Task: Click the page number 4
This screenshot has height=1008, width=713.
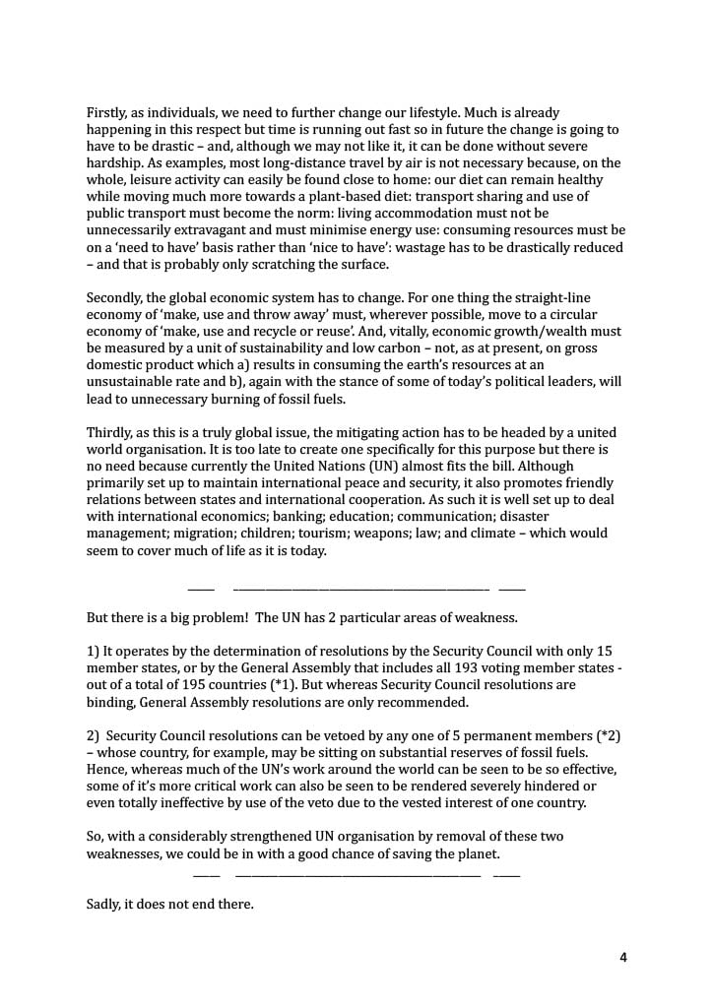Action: [622, 957]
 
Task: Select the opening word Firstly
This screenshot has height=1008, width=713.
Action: [108, 114]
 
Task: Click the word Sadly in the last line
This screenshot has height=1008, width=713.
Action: [104, 903]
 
